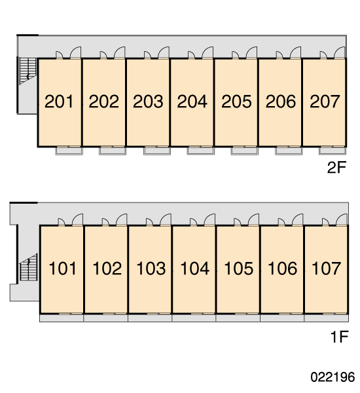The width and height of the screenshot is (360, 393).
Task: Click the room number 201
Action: click(59, 102)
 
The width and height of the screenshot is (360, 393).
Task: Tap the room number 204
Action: click(192, 102)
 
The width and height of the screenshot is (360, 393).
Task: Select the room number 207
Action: click(325, 102)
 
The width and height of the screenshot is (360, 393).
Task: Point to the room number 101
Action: click(62, 269)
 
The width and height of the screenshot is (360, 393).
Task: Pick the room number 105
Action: click(239, 269)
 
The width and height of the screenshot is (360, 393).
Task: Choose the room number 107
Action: click(326, 269)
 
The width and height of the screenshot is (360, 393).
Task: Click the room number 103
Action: click(151, 269)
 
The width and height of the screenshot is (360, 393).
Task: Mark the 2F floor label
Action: click(336, 168)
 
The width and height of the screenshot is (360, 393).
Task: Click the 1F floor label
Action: click(340, 337)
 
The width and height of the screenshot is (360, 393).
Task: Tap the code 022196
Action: click(333, 377)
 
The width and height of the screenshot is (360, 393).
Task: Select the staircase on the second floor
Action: click(27, 71)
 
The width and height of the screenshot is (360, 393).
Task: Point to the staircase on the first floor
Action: click(29, 267)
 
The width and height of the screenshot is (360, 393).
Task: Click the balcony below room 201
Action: click(69, 151)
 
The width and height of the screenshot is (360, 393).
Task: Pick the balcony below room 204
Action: click(201, 151)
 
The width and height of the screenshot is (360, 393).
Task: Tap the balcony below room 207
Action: click(333, 151)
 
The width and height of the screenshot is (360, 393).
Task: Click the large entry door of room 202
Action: click(120, 52)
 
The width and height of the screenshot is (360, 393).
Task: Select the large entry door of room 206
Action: click(296, 52)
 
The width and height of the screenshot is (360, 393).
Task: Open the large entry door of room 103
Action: click(166, 219)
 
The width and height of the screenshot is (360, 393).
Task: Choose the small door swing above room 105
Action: click(237, 222)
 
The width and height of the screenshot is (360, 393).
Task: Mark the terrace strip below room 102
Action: click(106, 318)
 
